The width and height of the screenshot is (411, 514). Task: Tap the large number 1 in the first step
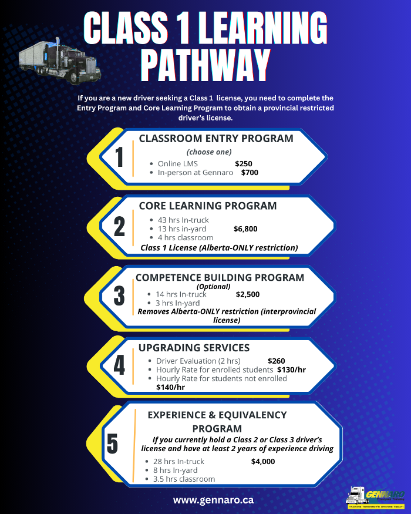tap(120, 157)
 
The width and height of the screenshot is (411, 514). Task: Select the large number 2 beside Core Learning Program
tap(119, 226)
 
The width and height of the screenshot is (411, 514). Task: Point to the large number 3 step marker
tap(119, 295)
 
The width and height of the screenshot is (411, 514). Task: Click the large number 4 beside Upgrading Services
tap(119, 365)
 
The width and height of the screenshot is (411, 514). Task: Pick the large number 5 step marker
tap(112, 443)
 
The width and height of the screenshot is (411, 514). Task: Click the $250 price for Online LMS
tap(244, 163)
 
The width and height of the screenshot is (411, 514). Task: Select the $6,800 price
tap(245, 229)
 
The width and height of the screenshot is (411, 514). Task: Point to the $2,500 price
tap(248, 294)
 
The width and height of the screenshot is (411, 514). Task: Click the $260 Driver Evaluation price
tap(277, 361)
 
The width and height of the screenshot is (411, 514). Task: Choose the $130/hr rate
tap(291, 370)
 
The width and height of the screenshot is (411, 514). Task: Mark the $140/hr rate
tap(170, 387)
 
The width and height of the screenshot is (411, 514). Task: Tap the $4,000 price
tap(262, 461)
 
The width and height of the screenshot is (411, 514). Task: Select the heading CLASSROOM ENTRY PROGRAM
tap(216, 139)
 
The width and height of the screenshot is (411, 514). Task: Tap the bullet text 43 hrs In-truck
tap(183, 220)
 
